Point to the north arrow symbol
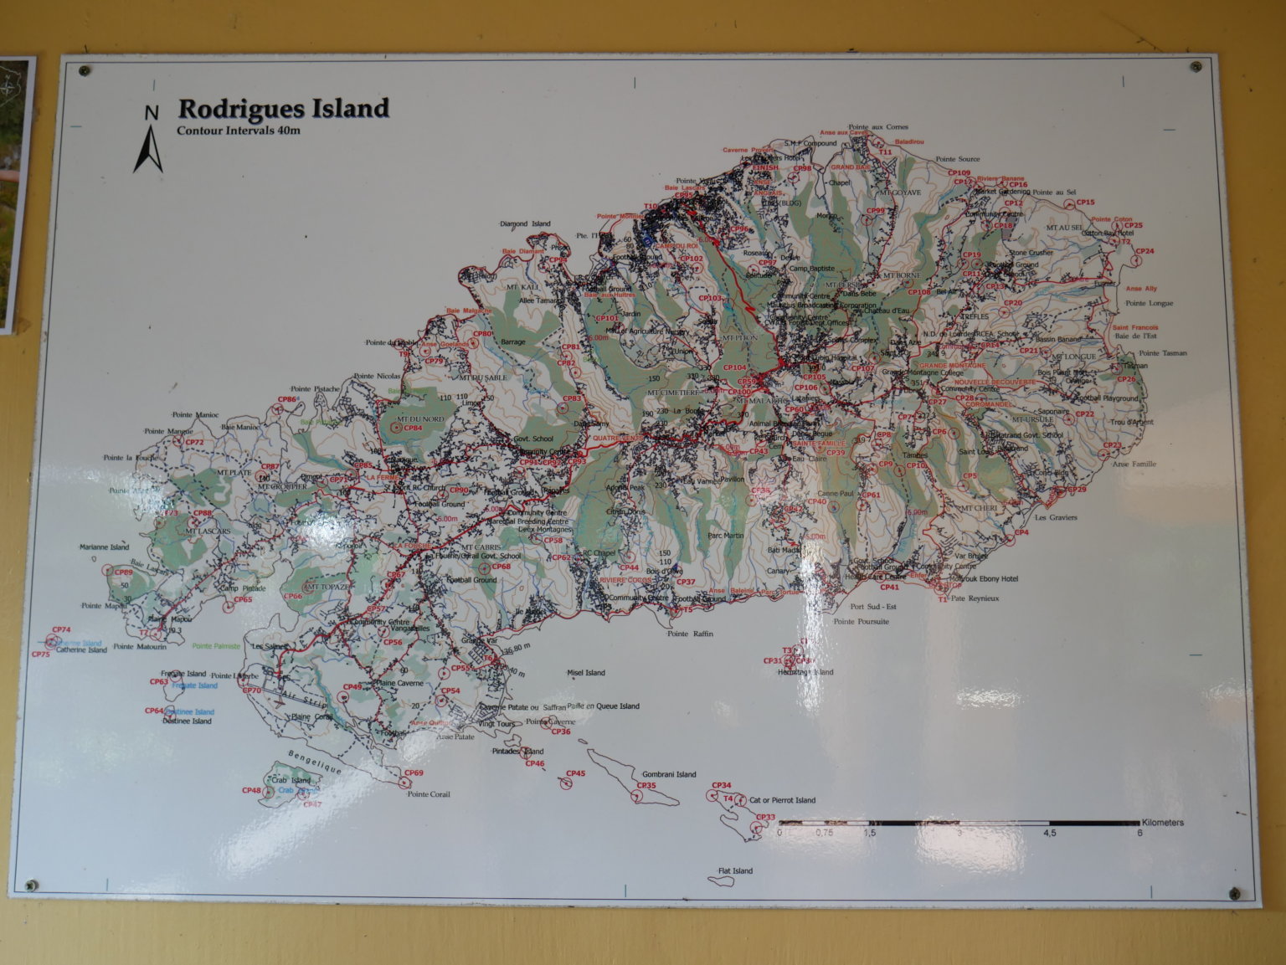pos(149,142)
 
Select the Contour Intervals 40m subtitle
pos(238,131)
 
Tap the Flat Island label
pos(735,871)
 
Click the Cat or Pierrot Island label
pos(782,800)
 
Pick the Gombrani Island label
pos(669,775)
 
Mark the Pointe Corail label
pos(429,794)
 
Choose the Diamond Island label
pos(525,224)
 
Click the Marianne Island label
pos(105,547)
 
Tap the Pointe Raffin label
pos(690,634)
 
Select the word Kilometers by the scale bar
pos(1162,823)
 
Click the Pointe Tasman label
pos(1162,353)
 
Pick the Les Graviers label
pos(1056,517)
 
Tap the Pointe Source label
pos(958,159)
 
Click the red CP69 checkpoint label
pos(414,773)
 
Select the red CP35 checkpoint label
pos(646,786)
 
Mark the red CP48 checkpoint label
pos(251,790)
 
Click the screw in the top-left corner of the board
pos(83,69)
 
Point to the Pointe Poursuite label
pos(862,622)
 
